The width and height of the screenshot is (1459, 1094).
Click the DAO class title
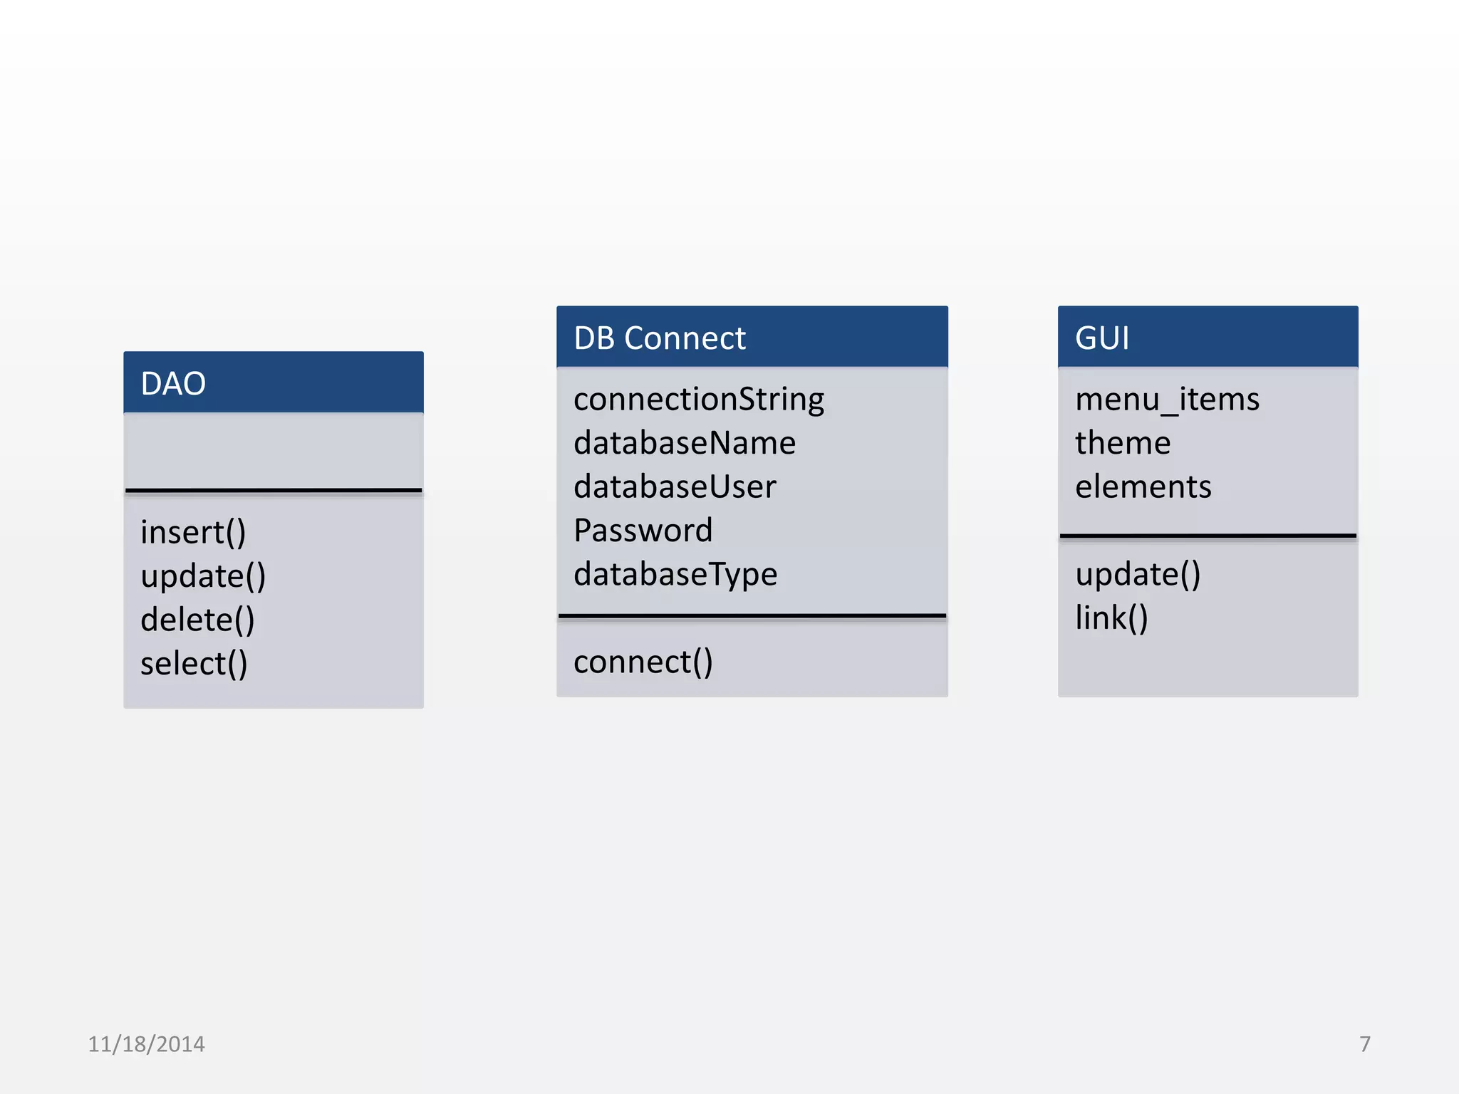click(x=173, y=384)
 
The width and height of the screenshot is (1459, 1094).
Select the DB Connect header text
click(x=659, y=338)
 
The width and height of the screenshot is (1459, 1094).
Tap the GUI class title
click(x=1101, y=338)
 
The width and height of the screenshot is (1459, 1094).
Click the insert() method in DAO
click(x=193, y=533)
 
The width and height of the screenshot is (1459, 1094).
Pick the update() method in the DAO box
click(x=203, y=576)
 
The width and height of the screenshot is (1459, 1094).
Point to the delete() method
click(x=197, y=620)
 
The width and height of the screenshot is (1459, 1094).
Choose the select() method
click(x=194, y=664)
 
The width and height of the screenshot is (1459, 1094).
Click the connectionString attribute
click(x=698, y=400)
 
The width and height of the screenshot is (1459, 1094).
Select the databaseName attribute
click(x=684, y=443)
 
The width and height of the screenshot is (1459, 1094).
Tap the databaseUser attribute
click(x=675, y=487)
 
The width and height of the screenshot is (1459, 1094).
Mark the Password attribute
click(x=643, y=531)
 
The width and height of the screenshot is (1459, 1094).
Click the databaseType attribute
click(x=675, y=574)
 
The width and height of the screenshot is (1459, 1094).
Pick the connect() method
click(x=643, y=662)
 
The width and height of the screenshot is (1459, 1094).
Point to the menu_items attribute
click(x=1167, y=400)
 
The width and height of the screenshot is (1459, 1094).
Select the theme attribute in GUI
click(x=1123, y=443)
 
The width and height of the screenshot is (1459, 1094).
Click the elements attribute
click(x=1143, y=487)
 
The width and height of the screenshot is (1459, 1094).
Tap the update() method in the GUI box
click(x=1138, y=574)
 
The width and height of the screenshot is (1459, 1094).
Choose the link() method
click(x=1111, y=618)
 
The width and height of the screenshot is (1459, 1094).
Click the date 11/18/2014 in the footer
click(x=146, y=1044)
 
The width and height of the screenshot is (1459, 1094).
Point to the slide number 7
click(x=1364, y=1044)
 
